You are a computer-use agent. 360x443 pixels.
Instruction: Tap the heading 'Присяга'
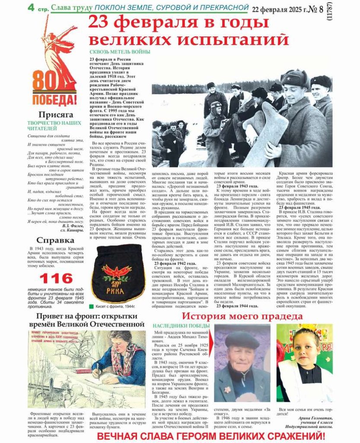[54, 115]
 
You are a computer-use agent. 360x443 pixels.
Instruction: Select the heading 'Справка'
[55, 240]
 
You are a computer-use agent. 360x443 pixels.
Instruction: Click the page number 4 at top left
[32, 7]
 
